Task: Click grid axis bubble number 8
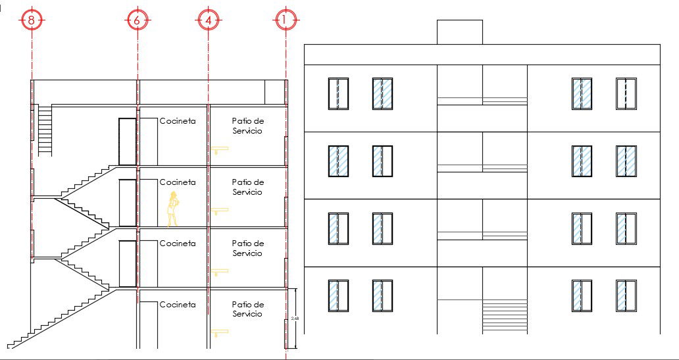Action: coord(32,20)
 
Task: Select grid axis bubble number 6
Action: coord(137,20)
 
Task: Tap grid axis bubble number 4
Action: coord(208,20)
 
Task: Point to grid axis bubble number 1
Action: coord(284,20)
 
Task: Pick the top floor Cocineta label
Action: coord(178,121)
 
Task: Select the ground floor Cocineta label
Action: coord(178,305)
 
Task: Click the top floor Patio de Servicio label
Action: coord(247,126)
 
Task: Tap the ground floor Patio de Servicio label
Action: coord(247,309)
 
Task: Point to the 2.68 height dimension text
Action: coord(293,319)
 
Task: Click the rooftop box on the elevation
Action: coord(459,32)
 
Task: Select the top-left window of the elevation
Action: coord(338,93)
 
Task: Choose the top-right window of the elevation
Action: coord(626,93)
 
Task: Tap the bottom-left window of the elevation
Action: coord(338,296)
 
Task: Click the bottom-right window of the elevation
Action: coord(626,296)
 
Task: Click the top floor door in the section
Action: coord(127,141)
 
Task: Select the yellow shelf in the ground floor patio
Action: coord(220,333)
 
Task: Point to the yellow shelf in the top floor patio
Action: coord(220,149)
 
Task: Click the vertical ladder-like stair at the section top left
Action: coord(45,130)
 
